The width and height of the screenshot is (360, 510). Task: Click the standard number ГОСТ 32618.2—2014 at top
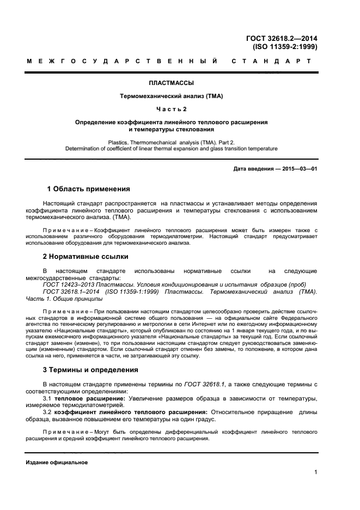282,38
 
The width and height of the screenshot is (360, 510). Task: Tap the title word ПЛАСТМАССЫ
172,84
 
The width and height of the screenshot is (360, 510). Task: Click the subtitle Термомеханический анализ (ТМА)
172,96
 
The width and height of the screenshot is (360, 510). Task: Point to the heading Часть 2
172,109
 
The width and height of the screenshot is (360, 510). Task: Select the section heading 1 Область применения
89,189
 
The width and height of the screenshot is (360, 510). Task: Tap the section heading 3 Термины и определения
90,369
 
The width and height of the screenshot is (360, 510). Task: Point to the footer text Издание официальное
57,462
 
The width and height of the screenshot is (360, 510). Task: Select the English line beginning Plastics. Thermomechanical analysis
172,142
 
